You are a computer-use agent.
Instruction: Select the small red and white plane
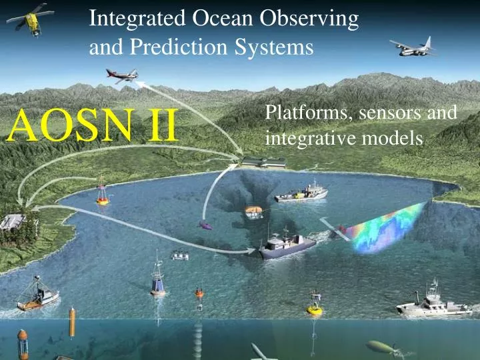[121, 75]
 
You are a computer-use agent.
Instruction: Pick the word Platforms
[309, 114]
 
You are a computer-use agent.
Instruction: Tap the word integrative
[301, 139]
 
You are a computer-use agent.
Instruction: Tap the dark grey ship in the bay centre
[286, 245]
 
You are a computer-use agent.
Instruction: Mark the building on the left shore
[13, 221]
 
